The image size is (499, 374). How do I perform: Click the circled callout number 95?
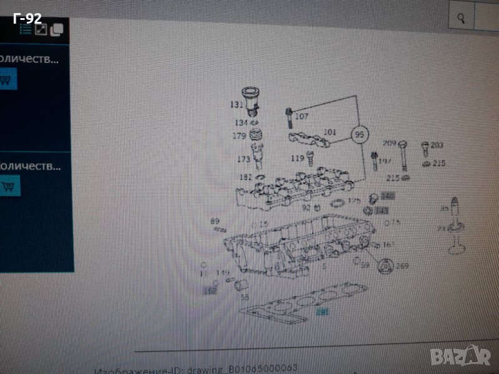[359, 134]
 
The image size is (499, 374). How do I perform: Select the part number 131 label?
[237, 104]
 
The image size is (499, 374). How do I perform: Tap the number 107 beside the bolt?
[302, 117]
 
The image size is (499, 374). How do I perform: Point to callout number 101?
[330, 132]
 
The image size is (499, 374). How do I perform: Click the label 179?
[240, 136]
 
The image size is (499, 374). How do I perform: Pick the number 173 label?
[243, 160]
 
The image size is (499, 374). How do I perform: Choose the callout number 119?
[298, 158]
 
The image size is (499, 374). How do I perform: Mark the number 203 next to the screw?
[437, 145]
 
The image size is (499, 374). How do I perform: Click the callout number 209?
[390, 143]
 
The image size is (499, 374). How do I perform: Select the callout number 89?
[215, 221]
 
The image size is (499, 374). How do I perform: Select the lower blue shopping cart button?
[8, 185]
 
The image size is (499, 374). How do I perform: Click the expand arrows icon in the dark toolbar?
[41, 29]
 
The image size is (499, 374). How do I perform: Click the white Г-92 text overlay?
[28, 17]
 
